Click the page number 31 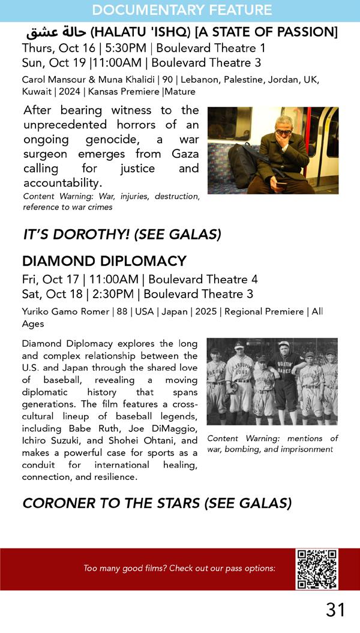click(335, 610)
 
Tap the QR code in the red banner click(316, 568)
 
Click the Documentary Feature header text click(182, 10)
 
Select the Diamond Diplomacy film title click(104, 261)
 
